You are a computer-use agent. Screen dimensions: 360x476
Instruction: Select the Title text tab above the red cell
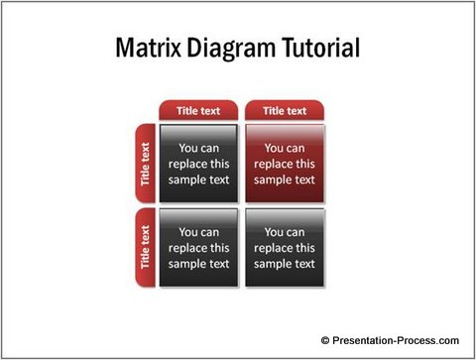click(284, 110)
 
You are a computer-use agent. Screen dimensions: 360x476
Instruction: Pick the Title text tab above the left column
click(197, 110)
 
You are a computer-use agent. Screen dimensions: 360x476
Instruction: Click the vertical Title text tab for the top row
click(145, 164)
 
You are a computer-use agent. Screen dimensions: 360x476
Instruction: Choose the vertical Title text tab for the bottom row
click(145, 248)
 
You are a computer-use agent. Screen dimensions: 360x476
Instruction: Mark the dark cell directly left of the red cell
click(197, 163)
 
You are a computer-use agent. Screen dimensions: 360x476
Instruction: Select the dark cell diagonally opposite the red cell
click(197, 248)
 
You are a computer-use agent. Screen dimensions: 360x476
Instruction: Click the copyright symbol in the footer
click(329, 339)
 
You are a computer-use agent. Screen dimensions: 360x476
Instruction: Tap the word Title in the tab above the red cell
click(273, 110)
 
